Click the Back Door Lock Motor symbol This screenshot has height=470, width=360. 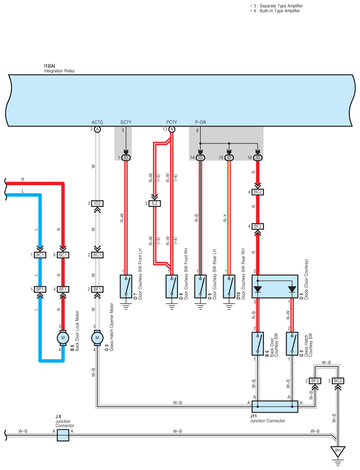(x=63, y=338)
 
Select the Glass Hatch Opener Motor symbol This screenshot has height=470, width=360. (x=97, y=338)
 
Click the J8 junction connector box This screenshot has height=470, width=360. (x=63, y=435)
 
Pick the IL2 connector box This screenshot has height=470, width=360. (x=155, y=203)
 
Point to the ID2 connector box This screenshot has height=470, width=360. (x=97, y=203)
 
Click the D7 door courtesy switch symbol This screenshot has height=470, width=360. (x=126, y=287)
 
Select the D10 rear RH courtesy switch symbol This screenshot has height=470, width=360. (x=229, y=287)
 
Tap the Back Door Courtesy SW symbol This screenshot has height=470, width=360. (x=258, y=343)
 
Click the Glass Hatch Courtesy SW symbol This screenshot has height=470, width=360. (x=292, y=343)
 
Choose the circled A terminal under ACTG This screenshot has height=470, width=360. (x=97, y=129)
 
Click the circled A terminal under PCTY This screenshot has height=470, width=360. (x=172, y=129)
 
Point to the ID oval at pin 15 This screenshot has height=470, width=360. (x=229, y=158)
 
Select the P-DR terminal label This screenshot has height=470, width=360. (x=200, y=122)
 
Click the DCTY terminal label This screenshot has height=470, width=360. (x=126, y=122)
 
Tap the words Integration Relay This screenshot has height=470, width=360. (x=59, y=71)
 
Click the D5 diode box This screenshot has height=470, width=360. (x=275, y=287)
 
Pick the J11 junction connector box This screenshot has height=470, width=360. (x=275, y=407)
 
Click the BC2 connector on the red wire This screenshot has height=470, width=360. (x=258, y=192)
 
